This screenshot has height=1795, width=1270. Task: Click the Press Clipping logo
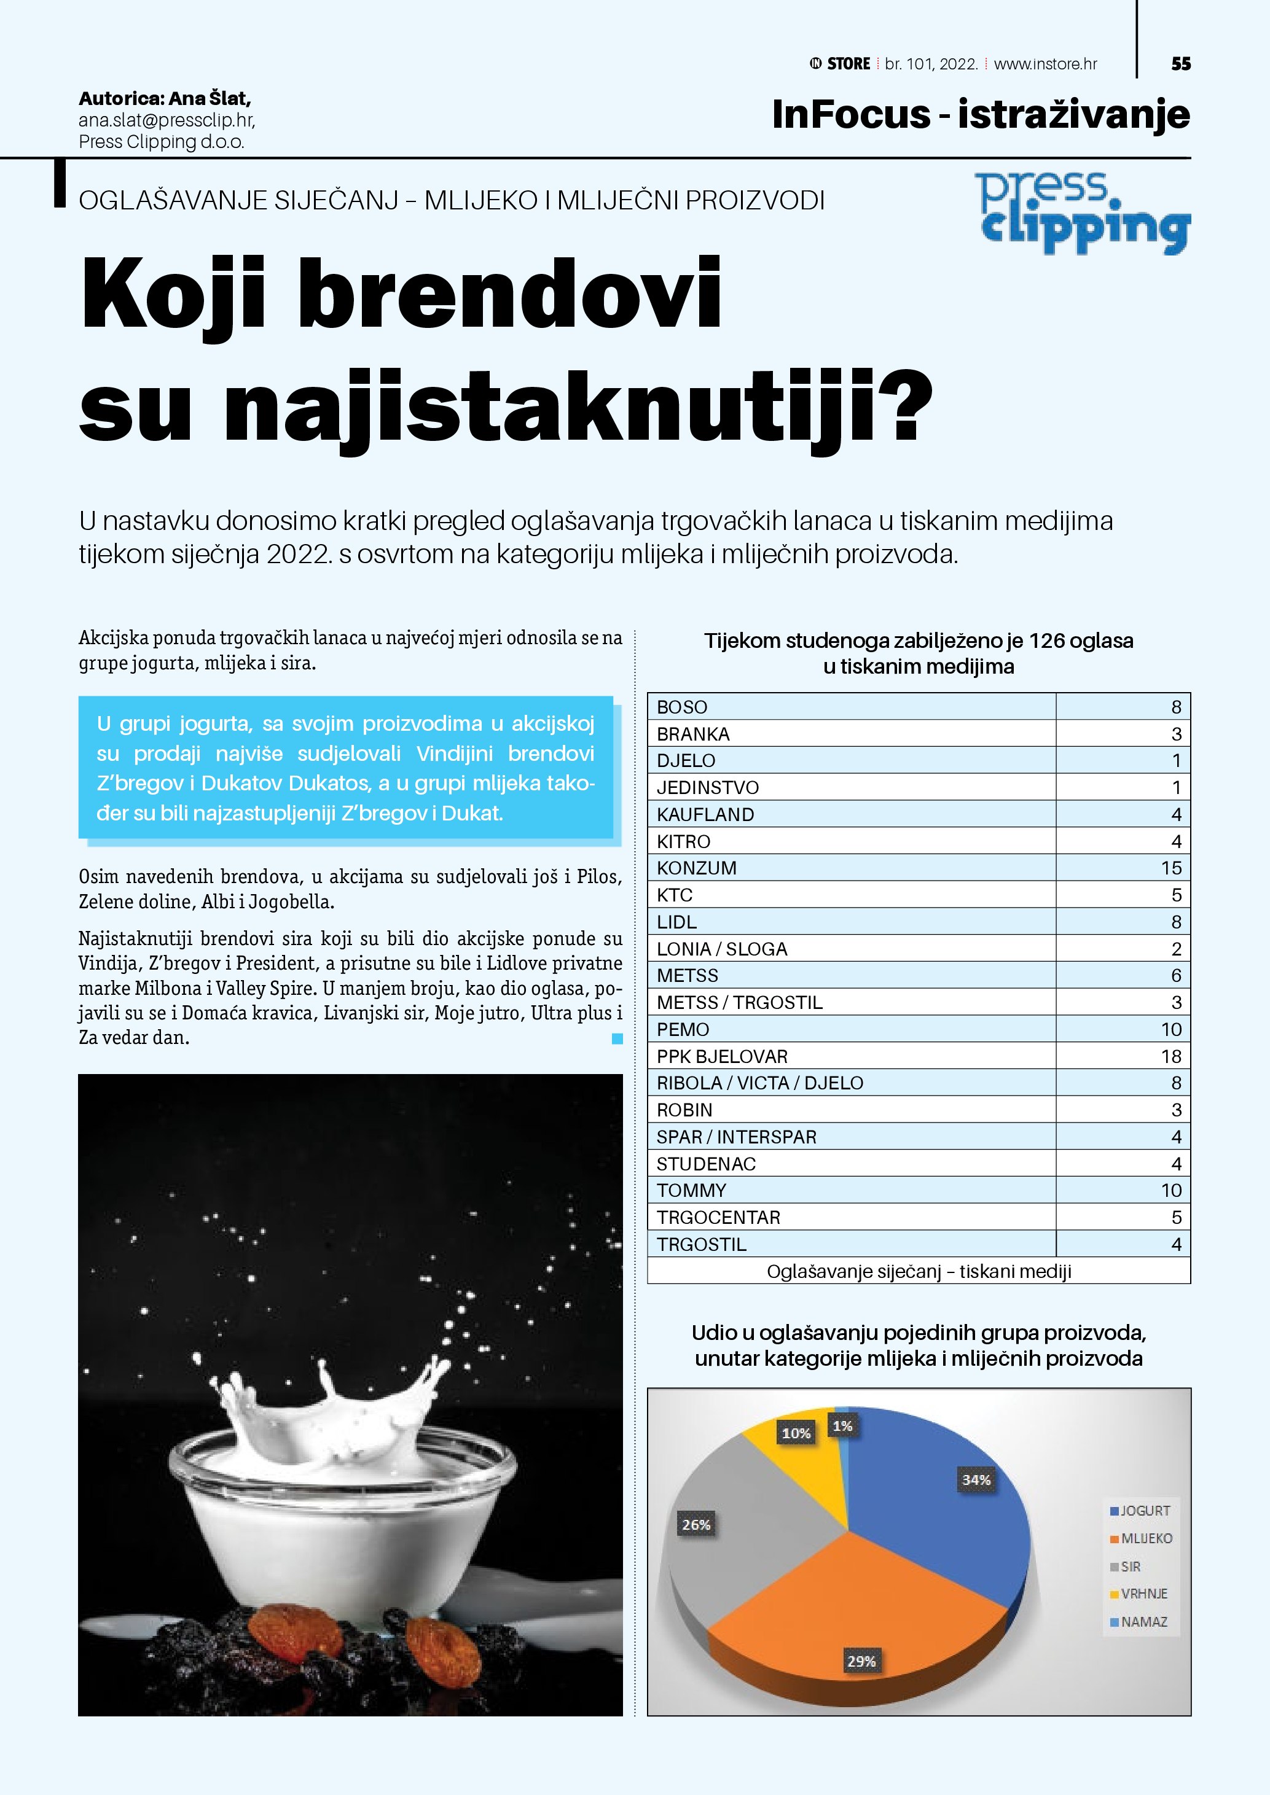tap(1084, 212)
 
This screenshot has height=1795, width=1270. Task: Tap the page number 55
tap(1181, 64)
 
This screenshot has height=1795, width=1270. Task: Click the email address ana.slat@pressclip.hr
tap(167, 120)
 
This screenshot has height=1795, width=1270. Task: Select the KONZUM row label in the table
tap(696, 868)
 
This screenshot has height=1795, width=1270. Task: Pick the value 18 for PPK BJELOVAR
tap(1170, 1056)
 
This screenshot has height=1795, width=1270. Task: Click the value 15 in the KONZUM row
tap(1170, 868)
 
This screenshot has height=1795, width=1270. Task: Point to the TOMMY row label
tap(691, 1190)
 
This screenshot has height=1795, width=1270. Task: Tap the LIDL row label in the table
tap(676, 922)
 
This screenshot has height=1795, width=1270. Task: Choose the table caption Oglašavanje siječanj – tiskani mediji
tap(919, 1271)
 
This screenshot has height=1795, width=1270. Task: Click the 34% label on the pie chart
tap(976, 1479)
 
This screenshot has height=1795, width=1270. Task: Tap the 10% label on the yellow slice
tap(796, 1432)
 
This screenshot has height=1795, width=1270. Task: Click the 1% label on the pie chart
tap(842, 1425)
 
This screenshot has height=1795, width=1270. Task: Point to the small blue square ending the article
tap(617, 1038)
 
